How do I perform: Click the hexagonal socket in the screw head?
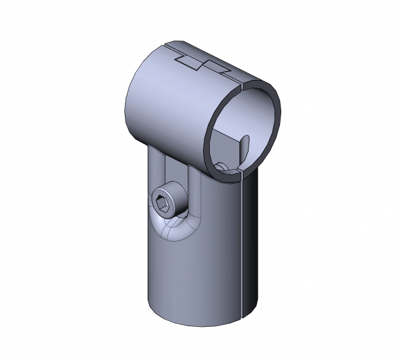(x=163, y=202)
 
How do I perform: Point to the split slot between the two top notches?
(x=202, y=63)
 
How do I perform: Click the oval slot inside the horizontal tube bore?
(x=246, y=143)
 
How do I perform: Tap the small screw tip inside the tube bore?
(x=221, y=166)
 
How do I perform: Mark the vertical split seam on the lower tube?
(x=244, y=246)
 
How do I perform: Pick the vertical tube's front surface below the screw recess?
(x=185, y=277)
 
